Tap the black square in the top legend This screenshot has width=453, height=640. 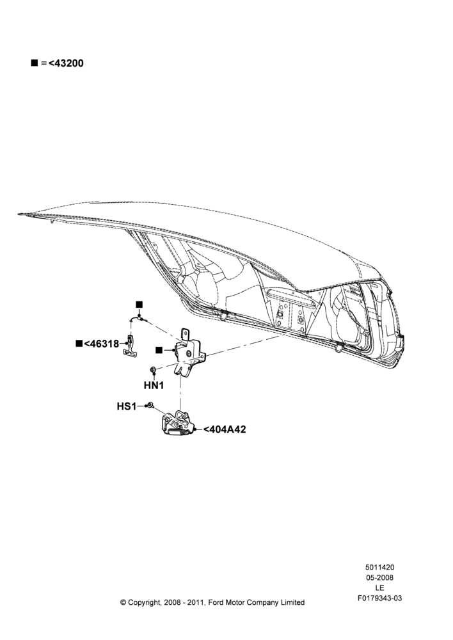point(35,63)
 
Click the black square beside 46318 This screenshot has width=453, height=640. point(79,343)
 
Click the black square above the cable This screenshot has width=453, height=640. point(139,305)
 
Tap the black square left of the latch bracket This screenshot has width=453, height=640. point(159,350)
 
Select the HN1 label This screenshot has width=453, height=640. point(154,385)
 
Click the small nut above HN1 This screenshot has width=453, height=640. point(153,370)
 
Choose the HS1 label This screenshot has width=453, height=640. point(127,406)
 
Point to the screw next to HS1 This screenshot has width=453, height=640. point(150,405)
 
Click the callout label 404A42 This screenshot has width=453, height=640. point(225,429)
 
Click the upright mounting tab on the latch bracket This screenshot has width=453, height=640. point(185,333)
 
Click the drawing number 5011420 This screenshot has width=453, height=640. point(379,567)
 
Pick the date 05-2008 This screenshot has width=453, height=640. point(379,577)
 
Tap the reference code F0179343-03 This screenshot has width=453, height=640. point(379,598)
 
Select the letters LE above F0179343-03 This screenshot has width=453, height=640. point(379,588)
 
